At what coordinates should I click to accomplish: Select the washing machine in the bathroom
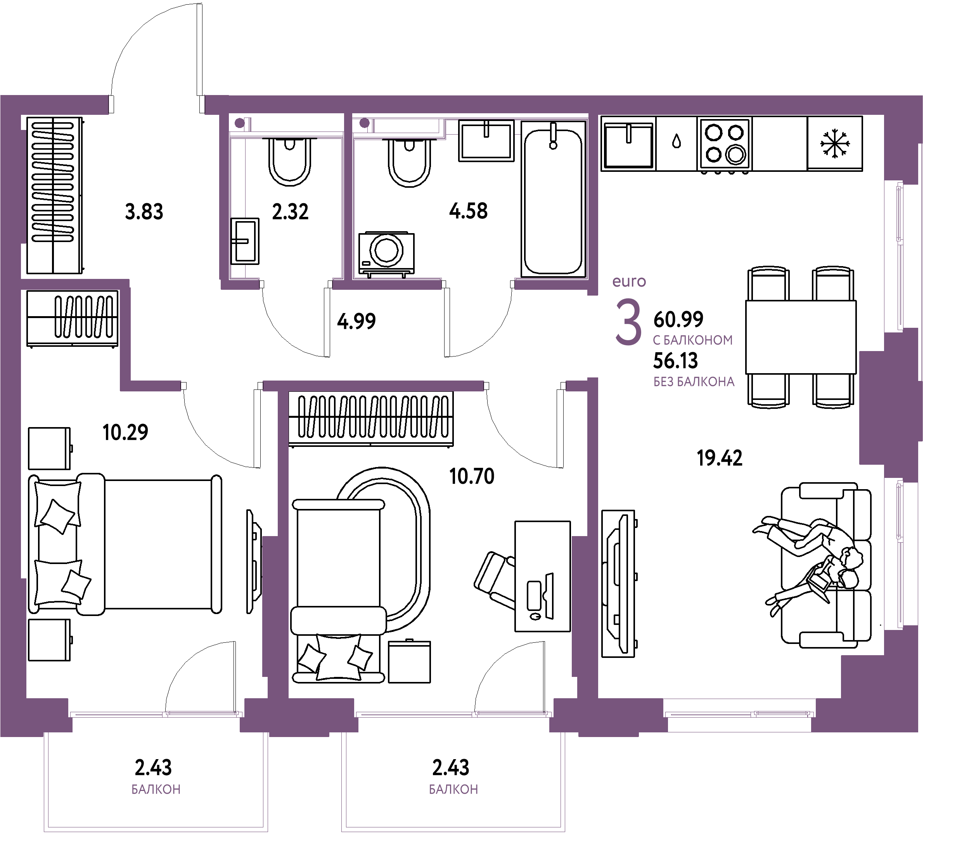pyautogui.click(x=386, y=253)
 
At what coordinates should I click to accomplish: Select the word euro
pyautogui.click(x=629, y=282)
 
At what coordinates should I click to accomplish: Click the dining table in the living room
pyautogui.click(x=801, y=337)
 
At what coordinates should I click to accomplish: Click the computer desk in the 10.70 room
pyautogui.click(x=542, y=576)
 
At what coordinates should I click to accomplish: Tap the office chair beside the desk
pyautogui.click(x=495, y=579)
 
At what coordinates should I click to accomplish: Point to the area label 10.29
pyautogui.click(x=125, y=432)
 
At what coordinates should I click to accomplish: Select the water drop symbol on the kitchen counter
pyautogui.click(x=677, y=141)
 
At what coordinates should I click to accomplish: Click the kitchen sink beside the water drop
pyautogui.click(x=629, y=144)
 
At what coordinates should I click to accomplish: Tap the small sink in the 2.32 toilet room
pyautogui.click(x=245, y=241)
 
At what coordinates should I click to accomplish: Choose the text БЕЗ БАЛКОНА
pyautogui.click(x=694, y=382)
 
